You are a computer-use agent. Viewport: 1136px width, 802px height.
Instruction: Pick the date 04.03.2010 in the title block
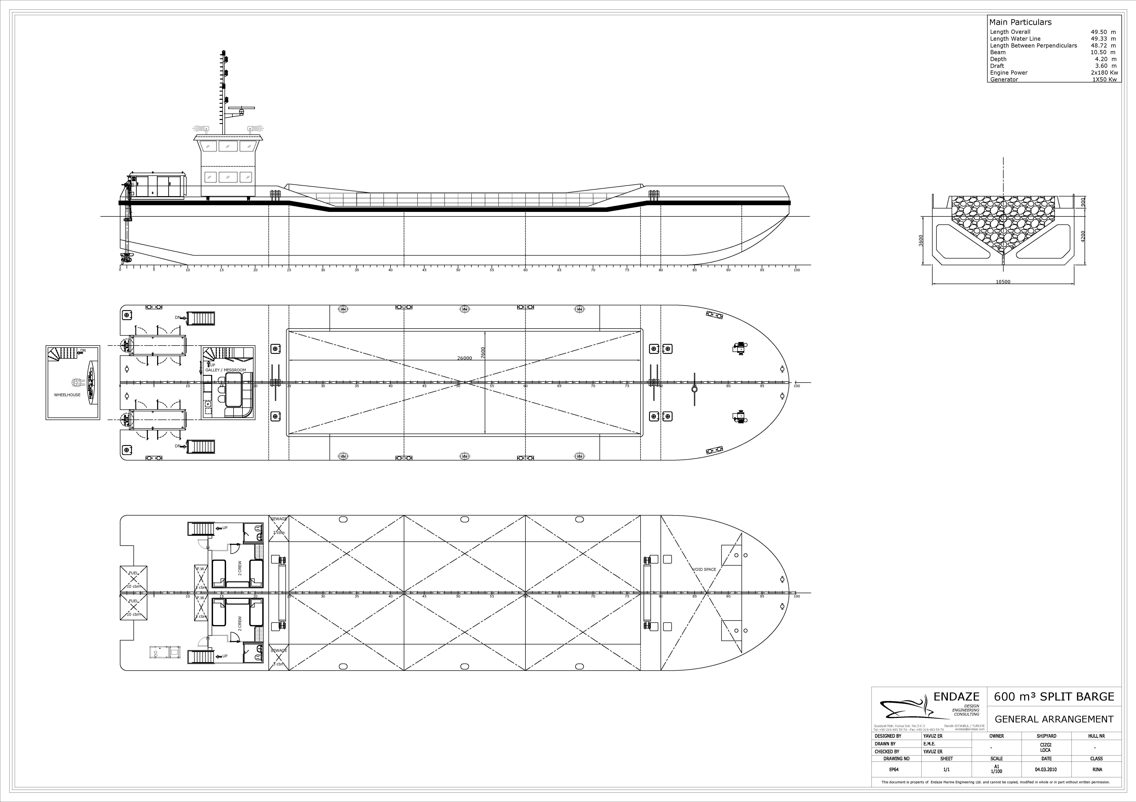pyautogui.click(x=1045, y=769)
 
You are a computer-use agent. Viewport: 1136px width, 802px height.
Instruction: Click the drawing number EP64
pyautogui.click(x=894, y=769)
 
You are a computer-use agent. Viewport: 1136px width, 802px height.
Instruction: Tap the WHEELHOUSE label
pyautogui.click(x=67, y=395)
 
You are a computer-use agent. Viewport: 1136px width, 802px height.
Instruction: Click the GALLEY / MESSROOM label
pyautogui.click(x=226, y=370)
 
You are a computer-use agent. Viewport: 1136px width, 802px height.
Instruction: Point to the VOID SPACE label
pyautogui.click(x=704, y=570)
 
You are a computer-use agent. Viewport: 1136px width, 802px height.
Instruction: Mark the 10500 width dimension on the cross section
pyautogui.click(x=1003, y=282)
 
